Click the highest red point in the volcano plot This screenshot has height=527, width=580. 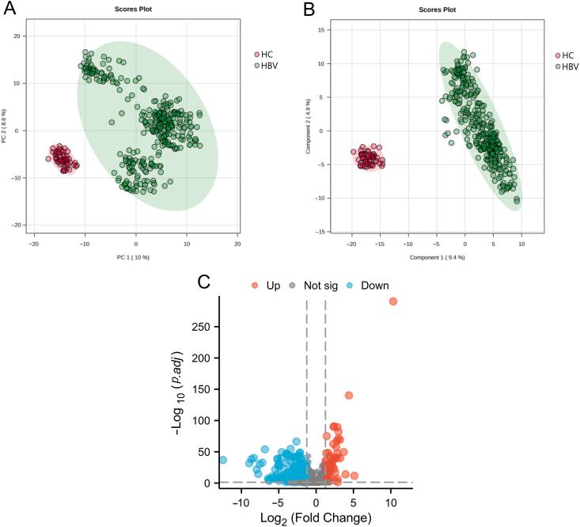(x=392, y=301)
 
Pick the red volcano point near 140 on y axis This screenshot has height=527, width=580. (x=348, y=396)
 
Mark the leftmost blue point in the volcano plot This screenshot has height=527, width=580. (x=222, y=460)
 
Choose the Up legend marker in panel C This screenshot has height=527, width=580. (x=256, y=285)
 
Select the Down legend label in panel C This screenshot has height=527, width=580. (x=372, y=285)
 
